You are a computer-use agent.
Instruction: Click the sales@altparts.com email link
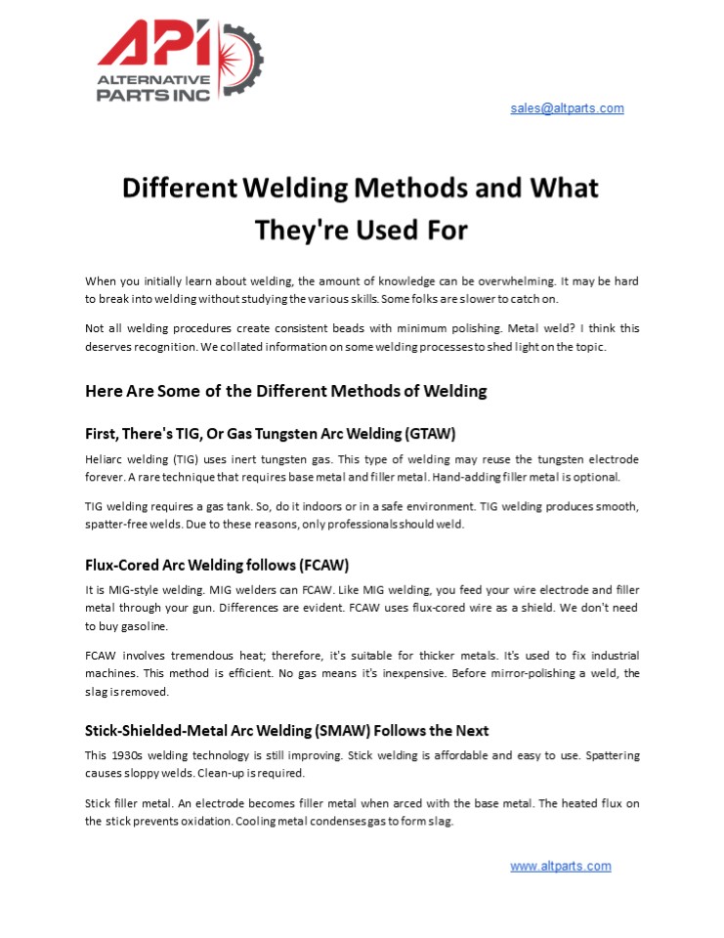tap(567, 108)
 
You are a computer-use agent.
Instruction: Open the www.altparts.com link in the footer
tap(560, 866)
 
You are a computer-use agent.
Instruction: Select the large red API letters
tap(156, 45)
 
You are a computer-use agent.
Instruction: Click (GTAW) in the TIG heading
tap(421, 434)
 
